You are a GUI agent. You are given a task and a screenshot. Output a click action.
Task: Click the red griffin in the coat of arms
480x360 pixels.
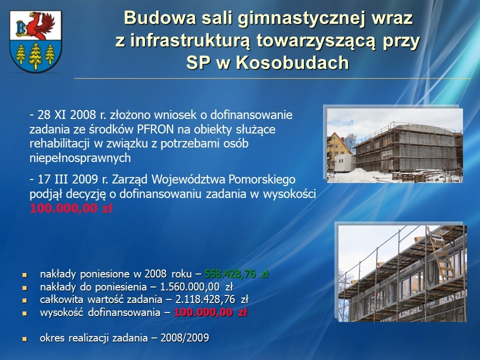39,24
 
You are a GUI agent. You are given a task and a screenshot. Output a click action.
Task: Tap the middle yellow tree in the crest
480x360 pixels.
35,55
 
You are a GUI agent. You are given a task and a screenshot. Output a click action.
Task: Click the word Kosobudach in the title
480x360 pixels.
292,63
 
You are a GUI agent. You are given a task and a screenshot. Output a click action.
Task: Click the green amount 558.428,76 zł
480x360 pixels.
236,273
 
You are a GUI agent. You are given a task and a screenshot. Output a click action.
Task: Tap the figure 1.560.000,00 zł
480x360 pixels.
196,287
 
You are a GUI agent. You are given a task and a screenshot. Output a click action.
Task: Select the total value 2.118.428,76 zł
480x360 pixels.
212,299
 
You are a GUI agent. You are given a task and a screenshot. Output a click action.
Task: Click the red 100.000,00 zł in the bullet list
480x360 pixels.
210,312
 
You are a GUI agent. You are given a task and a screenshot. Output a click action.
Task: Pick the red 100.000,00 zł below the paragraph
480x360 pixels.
71,208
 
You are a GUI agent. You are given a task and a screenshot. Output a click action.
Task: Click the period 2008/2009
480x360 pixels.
185,338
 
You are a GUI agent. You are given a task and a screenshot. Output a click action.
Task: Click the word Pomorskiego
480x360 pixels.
262,179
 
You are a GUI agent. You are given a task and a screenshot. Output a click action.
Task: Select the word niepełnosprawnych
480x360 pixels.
80,158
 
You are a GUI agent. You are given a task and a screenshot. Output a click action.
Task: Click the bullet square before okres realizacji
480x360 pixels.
24,339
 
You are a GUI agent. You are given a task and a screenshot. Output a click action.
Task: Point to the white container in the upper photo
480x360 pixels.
344,162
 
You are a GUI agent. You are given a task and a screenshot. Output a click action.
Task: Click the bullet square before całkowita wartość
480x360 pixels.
24,300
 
